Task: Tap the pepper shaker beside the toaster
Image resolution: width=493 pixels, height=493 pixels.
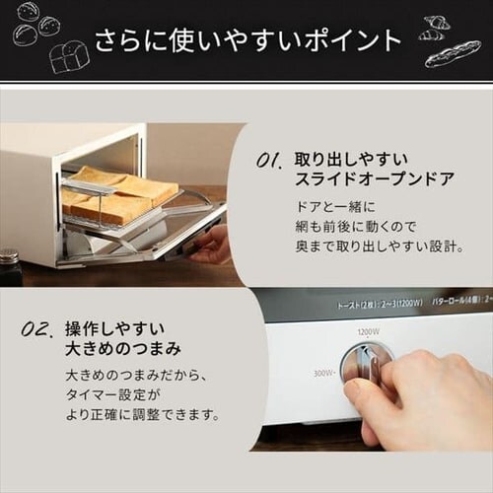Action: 11,266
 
